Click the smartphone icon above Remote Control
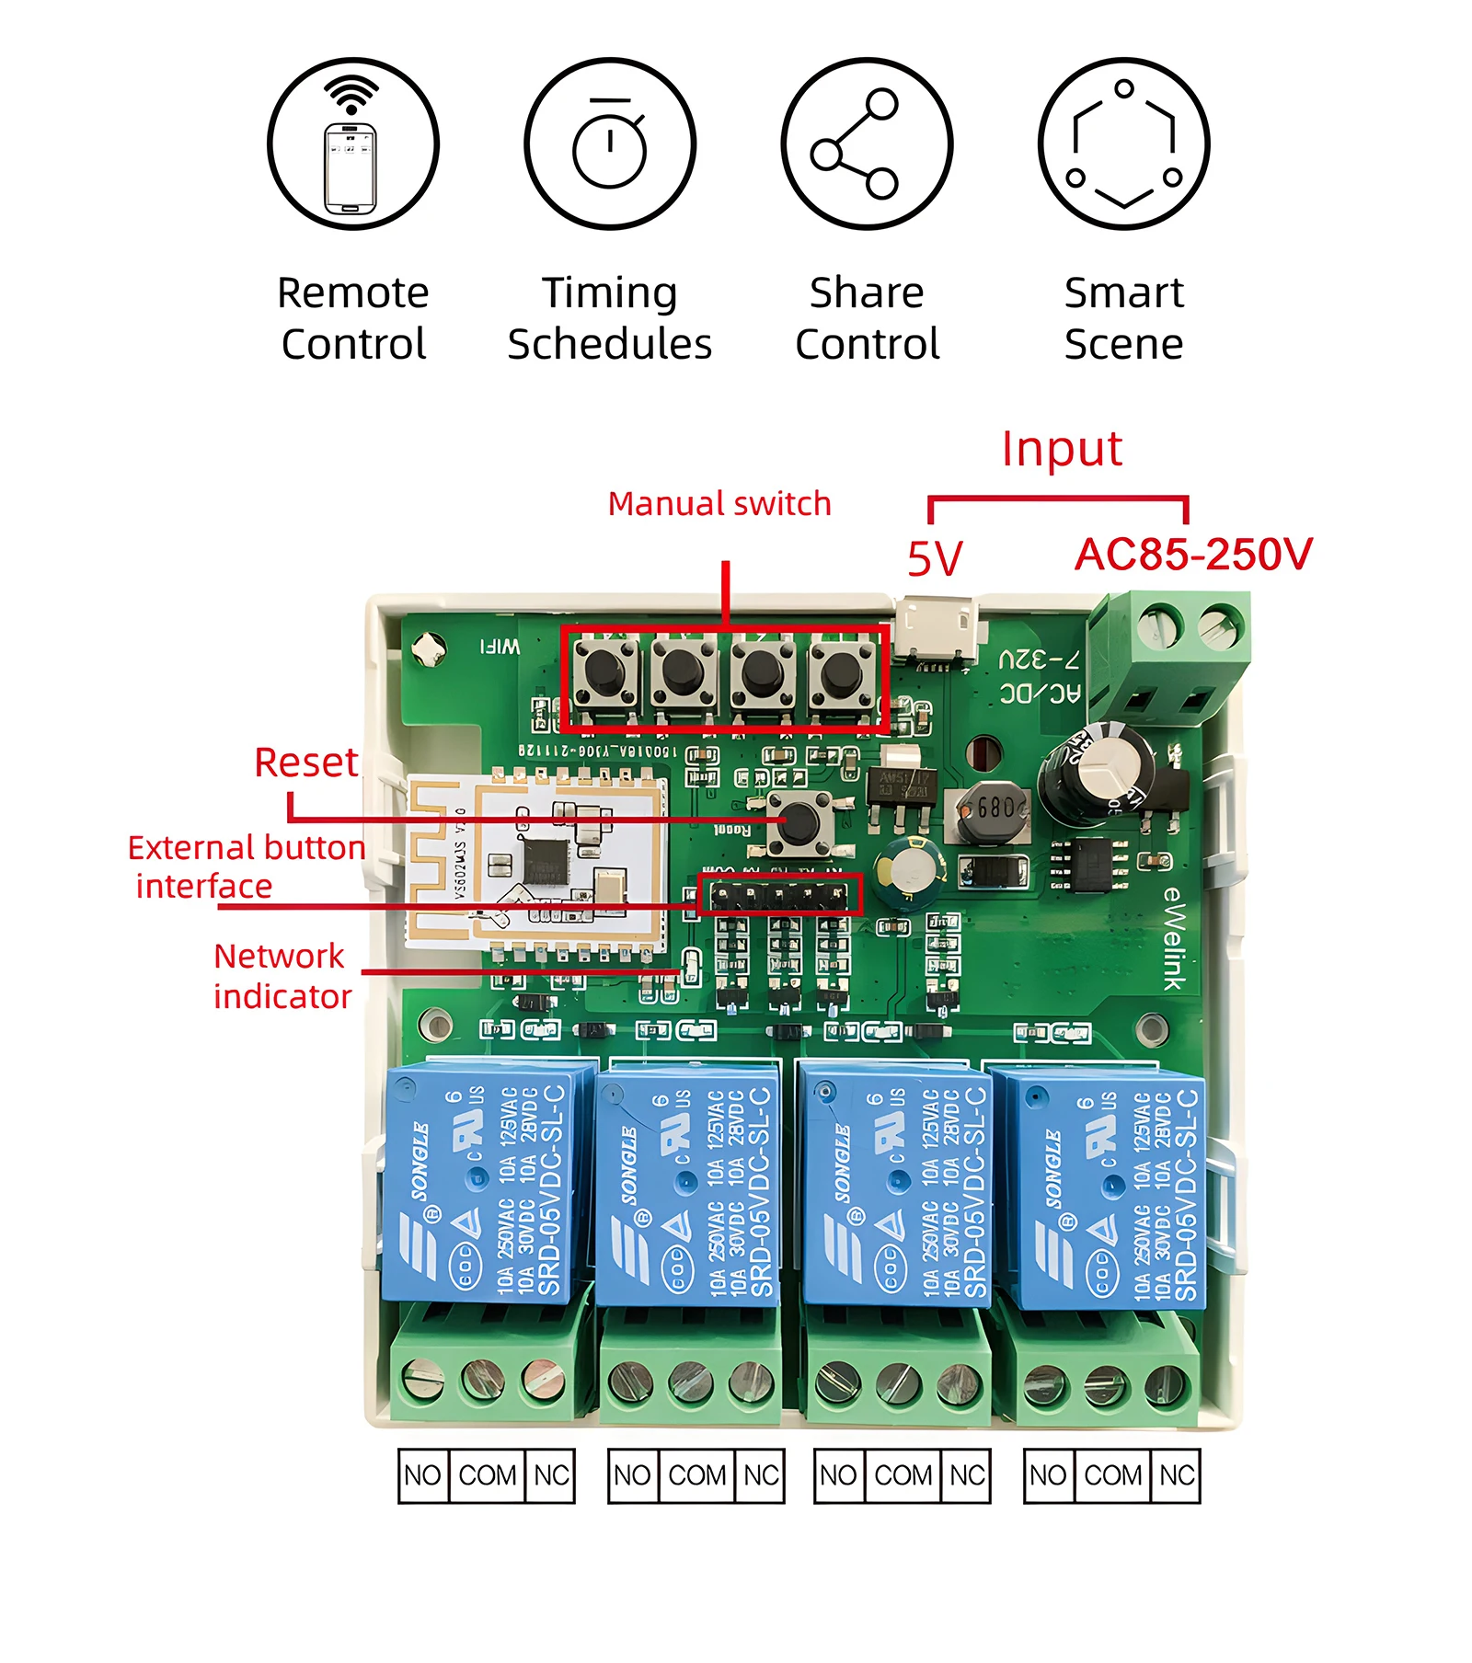[x=352, y=145]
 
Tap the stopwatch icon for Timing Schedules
[x=610, y=145]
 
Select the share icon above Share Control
[x=866, y=144]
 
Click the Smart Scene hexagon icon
[x=1123, y=144]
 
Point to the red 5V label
[x=935, y=558]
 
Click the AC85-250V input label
[x=1193, y=555]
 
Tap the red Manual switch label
[x=719, y=504]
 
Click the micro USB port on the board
[x=937, y=629]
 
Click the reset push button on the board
[x=799, y=821]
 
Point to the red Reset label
[x=305, y=763]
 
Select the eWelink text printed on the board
[x=1174, y=939]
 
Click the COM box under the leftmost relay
[x=487, y=1475]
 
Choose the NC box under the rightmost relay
[x=1176, y=1475]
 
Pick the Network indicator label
[x=282, y=976]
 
